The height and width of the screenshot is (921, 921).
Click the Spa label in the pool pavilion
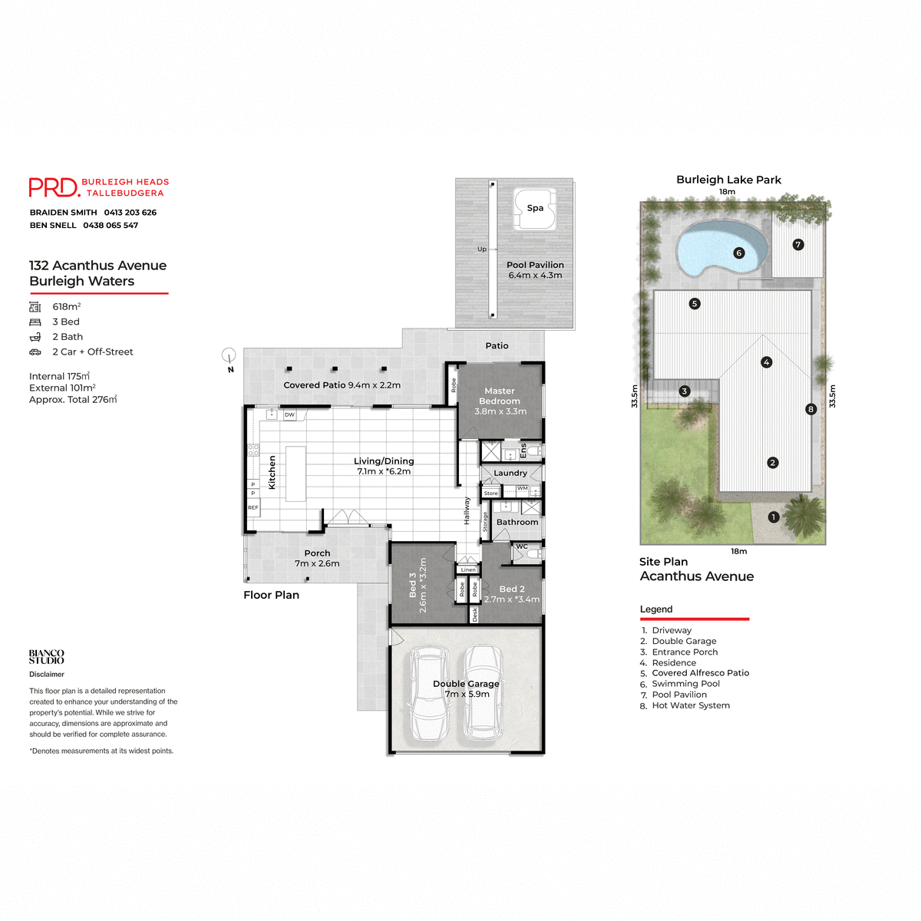535,208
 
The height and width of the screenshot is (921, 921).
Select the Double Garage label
466,684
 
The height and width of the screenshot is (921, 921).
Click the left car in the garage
428,692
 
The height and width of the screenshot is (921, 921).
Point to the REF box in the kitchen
253,507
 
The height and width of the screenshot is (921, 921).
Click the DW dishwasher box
289,414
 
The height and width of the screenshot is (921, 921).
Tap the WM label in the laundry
522,488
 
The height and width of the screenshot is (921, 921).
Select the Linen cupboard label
468,569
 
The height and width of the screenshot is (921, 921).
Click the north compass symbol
229,355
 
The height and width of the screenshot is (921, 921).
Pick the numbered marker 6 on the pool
739,253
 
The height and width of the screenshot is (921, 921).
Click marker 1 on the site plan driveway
774,517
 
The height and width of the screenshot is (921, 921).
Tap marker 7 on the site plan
798,245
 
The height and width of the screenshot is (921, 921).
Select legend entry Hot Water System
690,705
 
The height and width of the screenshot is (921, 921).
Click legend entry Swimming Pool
685,684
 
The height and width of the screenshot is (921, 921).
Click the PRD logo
54,187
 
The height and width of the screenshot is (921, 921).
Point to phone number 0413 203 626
130,213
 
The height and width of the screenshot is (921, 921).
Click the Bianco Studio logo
47,656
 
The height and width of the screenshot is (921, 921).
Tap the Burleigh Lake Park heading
728,180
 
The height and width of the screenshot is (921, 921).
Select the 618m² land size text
66,306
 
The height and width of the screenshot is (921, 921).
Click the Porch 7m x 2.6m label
317,558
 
